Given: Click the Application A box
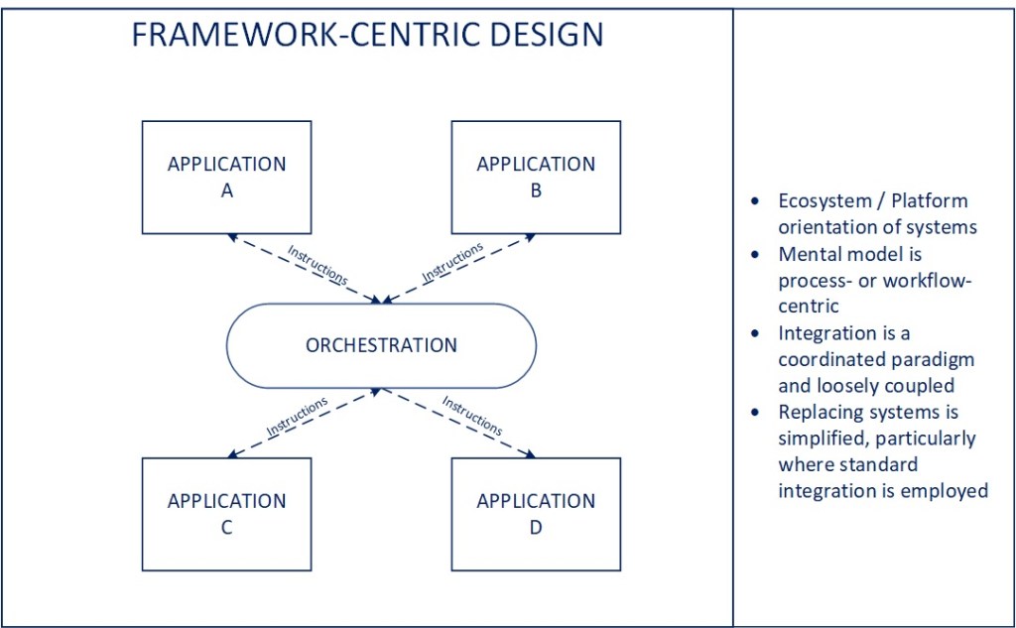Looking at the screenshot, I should pos(226,178).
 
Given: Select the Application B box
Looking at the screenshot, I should pos(536,178).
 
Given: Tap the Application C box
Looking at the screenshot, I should pos(226,514).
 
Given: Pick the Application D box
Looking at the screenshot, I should pos(536,514).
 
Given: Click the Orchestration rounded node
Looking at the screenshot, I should pos(382,345).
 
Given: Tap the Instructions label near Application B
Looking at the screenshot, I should pos(452,261).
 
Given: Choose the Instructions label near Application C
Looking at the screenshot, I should pos(297,417).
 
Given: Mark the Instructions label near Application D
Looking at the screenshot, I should pos(472,417).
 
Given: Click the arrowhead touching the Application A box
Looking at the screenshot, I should pos(231,236).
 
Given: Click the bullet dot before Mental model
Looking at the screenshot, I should pos(756,254).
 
